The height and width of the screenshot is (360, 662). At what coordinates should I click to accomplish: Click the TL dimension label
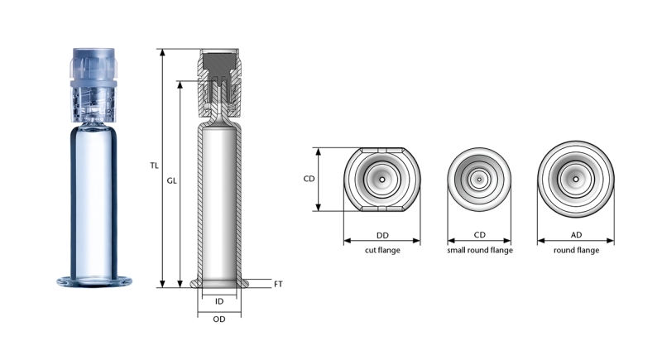coord(154,166)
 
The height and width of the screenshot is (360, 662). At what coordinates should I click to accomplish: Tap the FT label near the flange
coord(278,284)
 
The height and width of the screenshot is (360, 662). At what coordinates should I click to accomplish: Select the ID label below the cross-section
coord(219,301)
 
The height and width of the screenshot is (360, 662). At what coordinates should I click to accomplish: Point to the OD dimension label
coord(219,319)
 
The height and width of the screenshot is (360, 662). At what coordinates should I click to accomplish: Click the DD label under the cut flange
coord(382,236)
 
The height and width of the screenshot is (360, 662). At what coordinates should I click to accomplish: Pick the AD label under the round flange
coord(575,236)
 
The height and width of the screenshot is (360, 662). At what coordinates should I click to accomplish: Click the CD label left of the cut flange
coord(309,179)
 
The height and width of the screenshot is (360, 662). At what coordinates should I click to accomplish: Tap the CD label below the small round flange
coord(479,236)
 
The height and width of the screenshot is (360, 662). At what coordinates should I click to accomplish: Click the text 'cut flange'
coord(382,250)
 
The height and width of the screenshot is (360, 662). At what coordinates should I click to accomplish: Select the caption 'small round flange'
coord(479,250)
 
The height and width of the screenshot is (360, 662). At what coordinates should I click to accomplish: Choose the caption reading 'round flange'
coord(575,250)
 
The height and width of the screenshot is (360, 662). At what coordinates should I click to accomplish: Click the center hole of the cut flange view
coord(382,179)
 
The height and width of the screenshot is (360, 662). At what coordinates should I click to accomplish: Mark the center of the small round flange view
coord(479,179)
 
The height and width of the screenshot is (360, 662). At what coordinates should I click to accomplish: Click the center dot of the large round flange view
coord(575,179)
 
